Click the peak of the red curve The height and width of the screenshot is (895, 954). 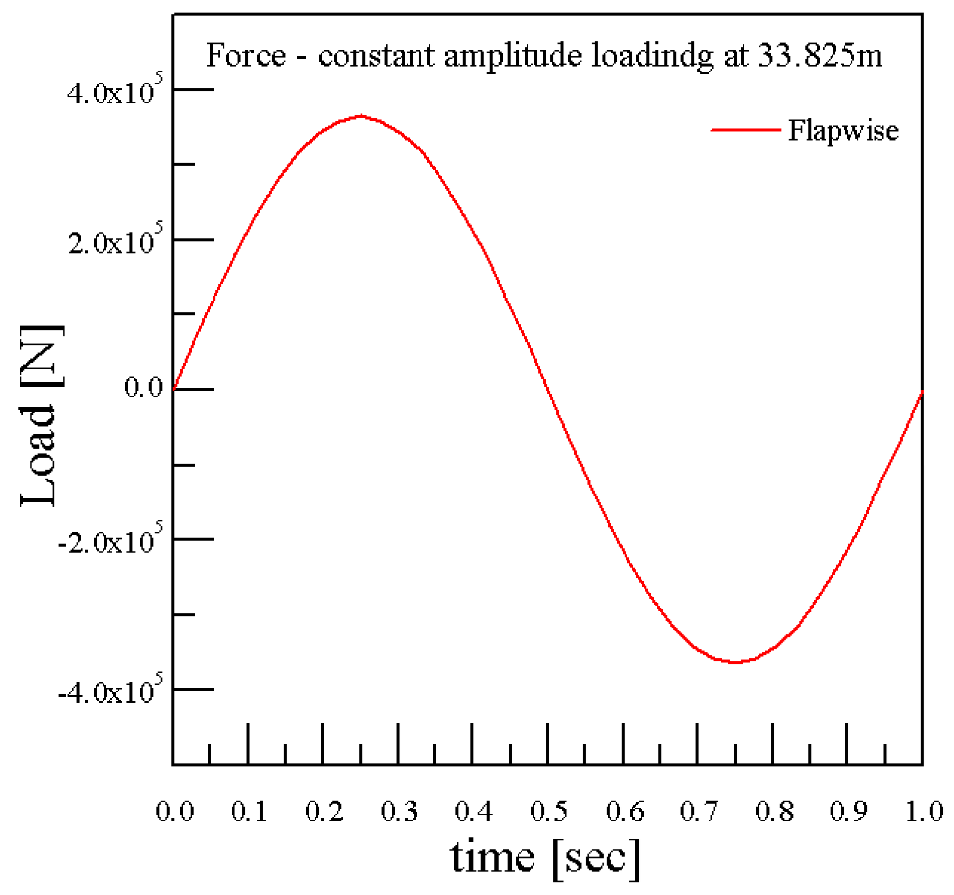[x=361, y=116]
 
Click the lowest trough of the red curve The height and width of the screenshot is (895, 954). [x=736, y=662]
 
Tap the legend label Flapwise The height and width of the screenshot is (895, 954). [x=842, y=130]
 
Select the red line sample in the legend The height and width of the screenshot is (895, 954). [x=746, y=130]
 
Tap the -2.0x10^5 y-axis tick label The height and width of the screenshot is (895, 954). [x=109, y=542]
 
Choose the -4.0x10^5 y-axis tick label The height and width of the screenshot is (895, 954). [x=109, y=691]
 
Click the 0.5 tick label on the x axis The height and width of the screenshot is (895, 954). [x=549, y=811]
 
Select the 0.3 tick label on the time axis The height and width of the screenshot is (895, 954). [x=398, y=811]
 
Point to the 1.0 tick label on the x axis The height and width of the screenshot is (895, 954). [x=923, y=811]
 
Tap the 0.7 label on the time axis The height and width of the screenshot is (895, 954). [x=699, y=811]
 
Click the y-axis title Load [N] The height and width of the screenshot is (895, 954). [x=40, y=416]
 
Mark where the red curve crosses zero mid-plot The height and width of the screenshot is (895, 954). [x=547, y=390]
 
